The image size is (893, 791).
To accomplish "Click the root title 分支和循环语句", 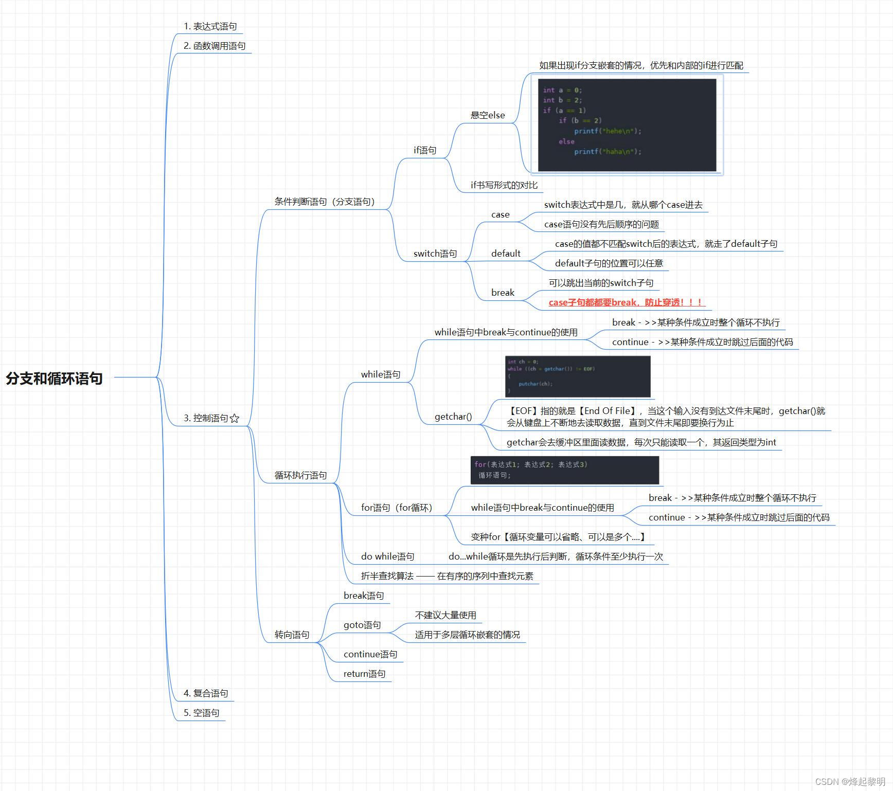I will click(x=54, y=378).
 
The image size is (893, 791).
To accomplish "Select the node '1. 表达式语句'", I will click(x=210, y=26).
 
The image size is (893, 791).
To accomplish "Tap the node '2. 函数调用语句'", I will click(x=215, y=46).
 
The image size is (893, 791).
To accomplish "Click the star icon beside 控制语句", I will click(x=235, y=418).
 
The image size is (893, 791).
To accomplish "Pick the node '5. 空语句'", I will click(x=202, y=713).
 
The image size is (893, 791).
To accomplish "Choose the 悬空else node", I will click(x=488, y=115).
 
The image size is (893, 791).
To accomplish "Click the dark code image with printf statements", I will click(x=627, y=124).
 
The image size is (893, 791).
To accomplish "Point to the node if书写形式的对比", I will click(x=504, y=185).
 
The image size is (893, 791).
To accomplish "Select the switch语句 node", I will click(x=435, y=254).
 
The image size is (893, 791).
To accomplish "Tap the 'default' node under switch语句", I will click(x=506, y=254).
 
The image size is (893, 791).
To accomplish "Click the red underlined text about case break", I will click(x=626, y=302).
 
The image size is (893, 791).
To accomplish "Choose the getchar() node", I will click(x=453, y=417).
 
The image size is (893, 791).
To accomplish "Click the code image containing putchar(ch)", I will click(x=578, y=376).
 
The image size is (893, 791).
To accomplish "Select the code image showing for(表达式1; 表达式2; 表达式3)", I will click(x=564, y=470).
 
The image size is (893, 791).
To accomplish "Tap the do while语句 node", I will click(x=387, y=556).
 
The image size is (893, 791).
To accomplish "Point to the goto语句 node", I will click(x=362, y=625).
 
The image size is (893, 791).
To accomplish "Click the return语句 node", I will click(x=364, y=674).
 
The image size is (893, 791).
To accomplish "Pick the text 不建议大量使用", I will click(x=445, y=615).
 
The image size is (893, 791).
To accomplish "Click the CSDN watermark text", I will click(x=850, y=781).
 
